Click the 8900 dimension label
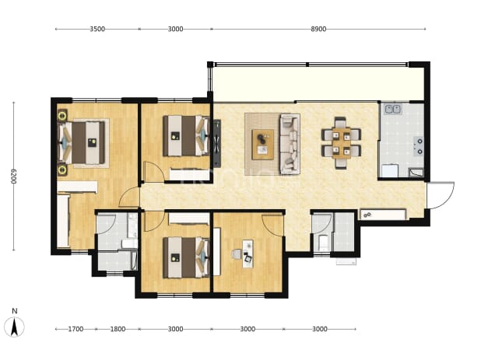tap(318, 29)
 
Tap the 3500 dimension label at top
tap(97, 29)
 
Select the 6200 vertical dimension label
tap(13, 177)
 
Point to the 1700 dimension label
tap(75, 329)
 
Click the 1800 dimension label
tap(118, 329)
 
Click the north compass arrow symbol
tap(14, 327)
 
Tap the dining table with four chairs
tap(341, 143)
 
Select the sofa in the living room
tap(290, 144)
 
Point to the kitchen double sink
tap(393, 109)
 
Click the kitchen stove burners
tap(419, 146)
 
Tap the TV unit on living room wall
tap(217, 143)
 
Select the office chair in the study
tap(237, 254)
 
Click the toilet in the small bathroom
tap(323, 243)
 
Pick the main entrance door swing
tap(441, 195)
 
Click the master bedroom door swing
tap(129, 197)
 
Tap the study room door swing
tap(272, 225)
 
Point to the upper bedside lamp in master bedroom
tap(62, 116)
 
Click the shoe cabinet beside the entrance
tap(384, 215)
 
